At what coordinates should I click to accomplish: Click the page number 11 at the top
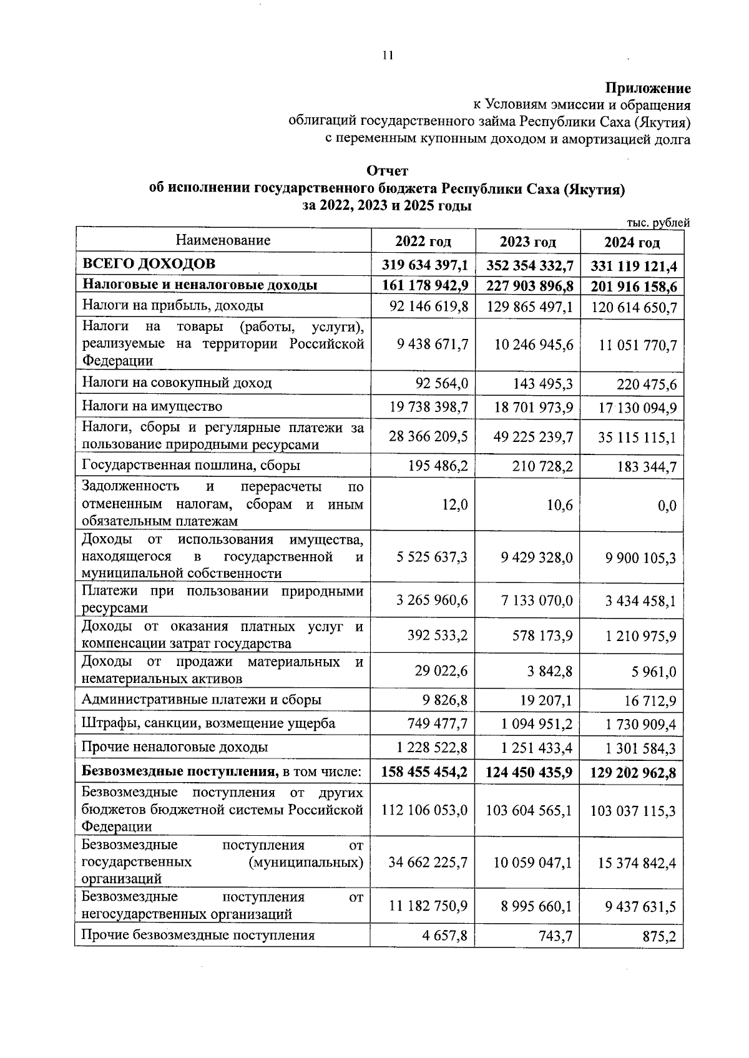pyautogui.click(x=387, y=56)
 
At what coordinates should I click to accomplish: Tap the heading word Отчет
pyautogui.click(x=387, y=171)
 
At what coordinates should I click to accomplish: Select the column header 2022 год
pyautogui.click(x=423, y=242)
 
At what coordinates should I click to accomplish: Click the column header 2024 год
pyautogui.click(x=632, y=242)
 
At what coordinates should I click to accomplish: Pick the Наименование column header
pyautogui.click(x=223, y=240)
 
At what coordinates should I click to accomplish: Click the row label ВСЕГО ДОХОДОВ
pyautogui.click(x=149, y=263)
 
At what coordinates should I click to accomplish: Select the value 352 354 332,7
pyautogui.click(x=530, y=266)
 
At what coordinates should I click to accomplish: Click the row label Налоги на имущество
pyautogui.click(x=152, y=406)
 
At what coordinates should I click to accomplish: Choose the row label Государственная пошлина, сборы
pyautogui.click(x=191, y=465)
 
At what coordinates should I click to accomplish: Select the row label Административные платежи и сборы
pyautogui.click(x=202, y=700)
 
